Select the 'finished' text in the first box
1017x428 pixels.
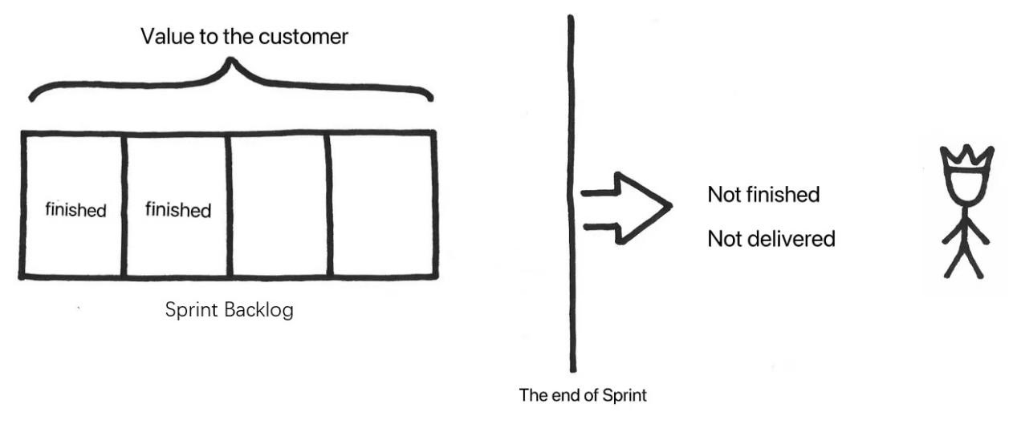[75, 210]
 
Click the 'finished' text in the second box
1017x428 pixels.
[177, 210]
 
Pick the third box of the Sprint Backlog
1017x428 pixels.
[279, 205]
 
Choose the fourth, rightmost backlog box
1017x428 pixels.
[382, 205]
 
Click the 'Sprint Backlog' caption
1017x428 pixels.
[229, 310]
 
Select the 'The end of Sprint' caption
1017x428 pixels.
[583, 395]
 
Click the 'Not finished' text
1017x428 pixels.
[763, 195]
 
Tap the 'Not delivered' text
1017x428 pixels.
[771, 239]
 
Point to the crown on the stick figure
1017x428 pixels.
[966, 159]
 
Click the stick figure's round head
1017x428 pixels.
[966, 188]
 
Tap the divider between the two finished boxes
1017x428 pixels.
[124, 205]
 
